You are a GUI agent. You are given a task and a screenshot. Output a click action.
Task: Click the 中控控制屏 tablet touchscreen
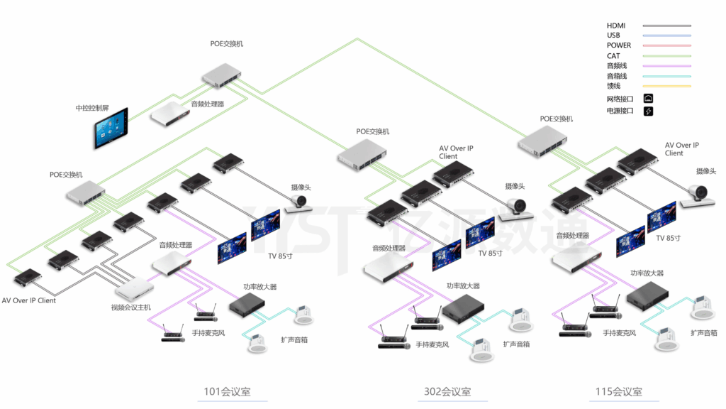(112, 129)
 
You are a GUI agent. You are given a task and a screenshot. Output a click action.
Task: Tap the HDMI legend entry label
(616, 26)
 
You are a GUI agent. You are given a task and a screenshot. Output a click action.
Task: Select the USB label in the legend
(613, 36)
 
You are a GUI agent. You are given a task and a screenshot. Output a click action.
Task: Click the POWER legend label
(619, 45)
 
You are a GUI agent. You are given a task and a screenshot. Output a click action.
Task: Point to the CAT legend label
(613, 55)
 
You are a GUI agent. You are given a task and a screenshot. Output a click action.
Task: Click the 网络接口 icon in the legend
(648, 99)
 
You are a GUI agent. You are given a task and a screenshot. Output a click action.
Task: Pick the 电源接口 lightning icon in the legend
(648, 111)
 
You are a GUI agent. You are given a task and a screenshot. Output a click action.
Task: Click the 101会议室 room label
(227, 392)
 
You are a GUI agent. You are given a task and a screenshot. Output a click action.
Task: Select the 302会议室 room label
(447, 392)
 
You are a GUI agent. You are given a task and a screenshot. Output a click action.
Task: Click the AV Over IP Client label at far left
(29, 300)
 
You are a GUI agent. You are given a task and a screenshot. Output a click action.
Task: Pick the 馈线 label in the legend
(613, 86)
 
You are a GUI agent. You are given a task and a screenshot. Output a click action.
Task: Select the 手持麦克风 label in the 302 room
(433, 344)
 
